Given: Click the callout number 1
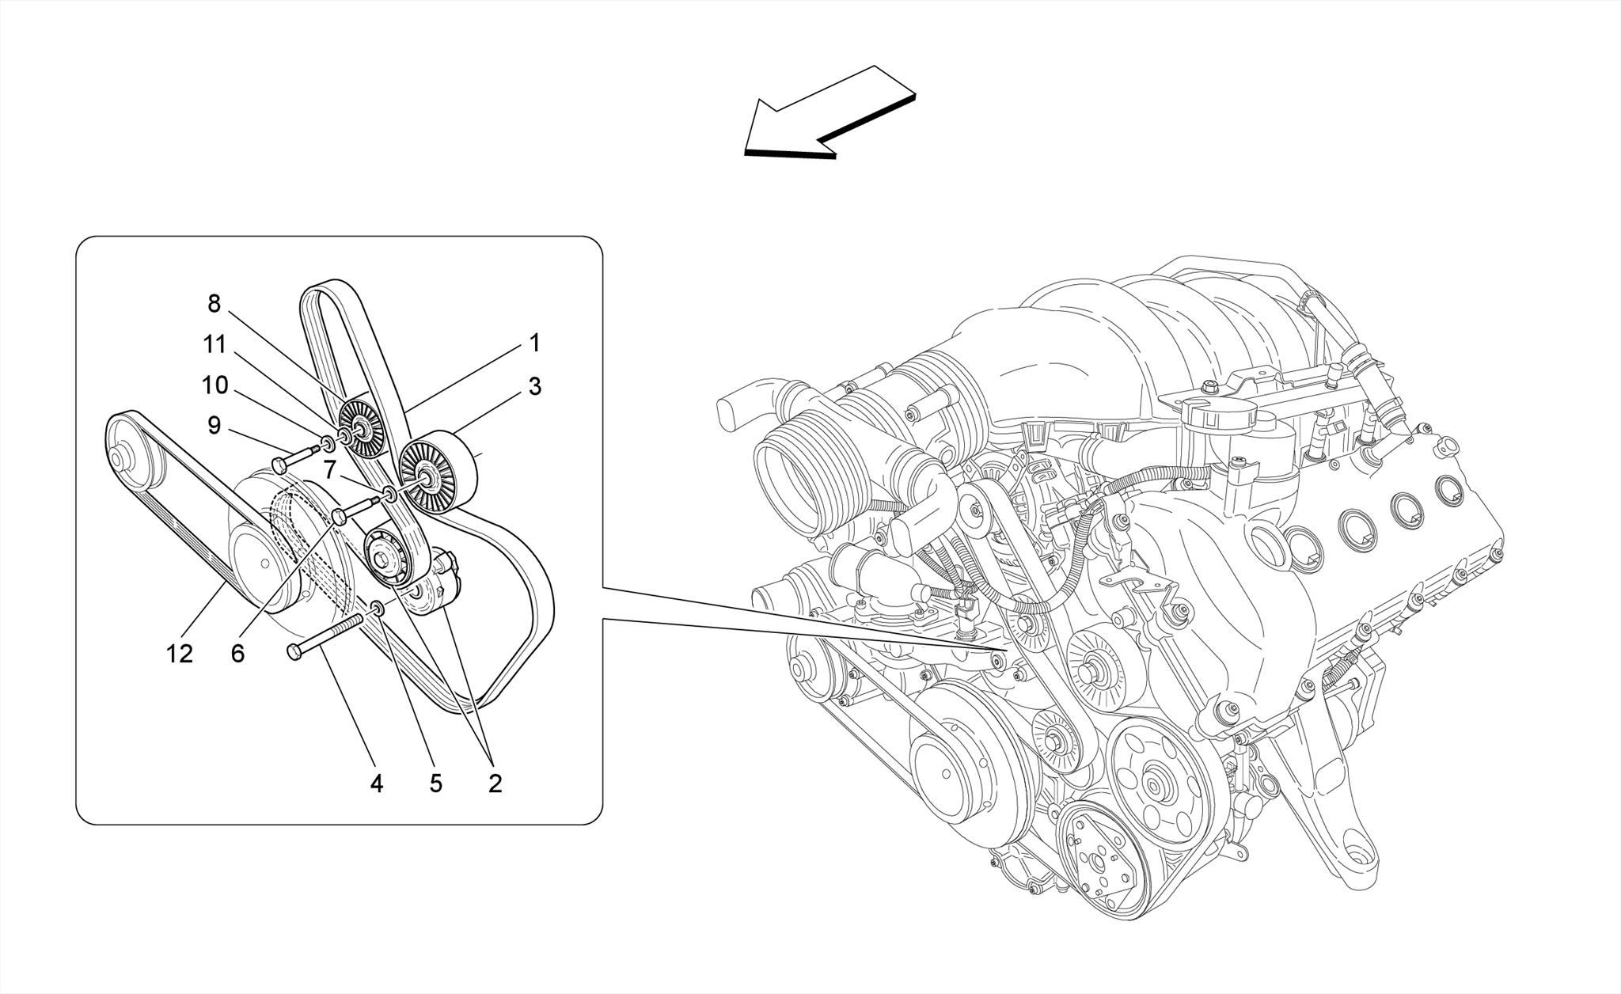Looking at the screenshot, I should pos(534,343).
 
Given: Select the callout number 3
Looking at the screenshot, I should pos(534,387).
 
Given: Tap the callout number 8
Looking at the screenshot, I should pos(214,303).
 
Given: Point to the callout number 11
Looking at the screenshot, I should pos(214,344).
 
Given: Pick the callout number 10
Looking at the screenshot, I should pos(214,385).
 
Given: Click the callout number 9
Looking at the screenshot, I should pos(214,426).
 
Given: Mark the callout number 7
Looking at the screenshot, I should pos(331,466).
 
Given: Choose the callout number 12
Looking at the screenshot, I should pos(180,654).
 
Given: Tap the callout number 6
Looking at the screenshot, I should pos(237,654).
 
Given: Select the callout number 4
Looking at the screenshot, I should pos(377,783).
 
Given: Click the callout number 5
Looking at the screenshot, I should pos(435,783).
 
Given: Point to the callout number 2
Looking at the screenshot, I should pos(495,783).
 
